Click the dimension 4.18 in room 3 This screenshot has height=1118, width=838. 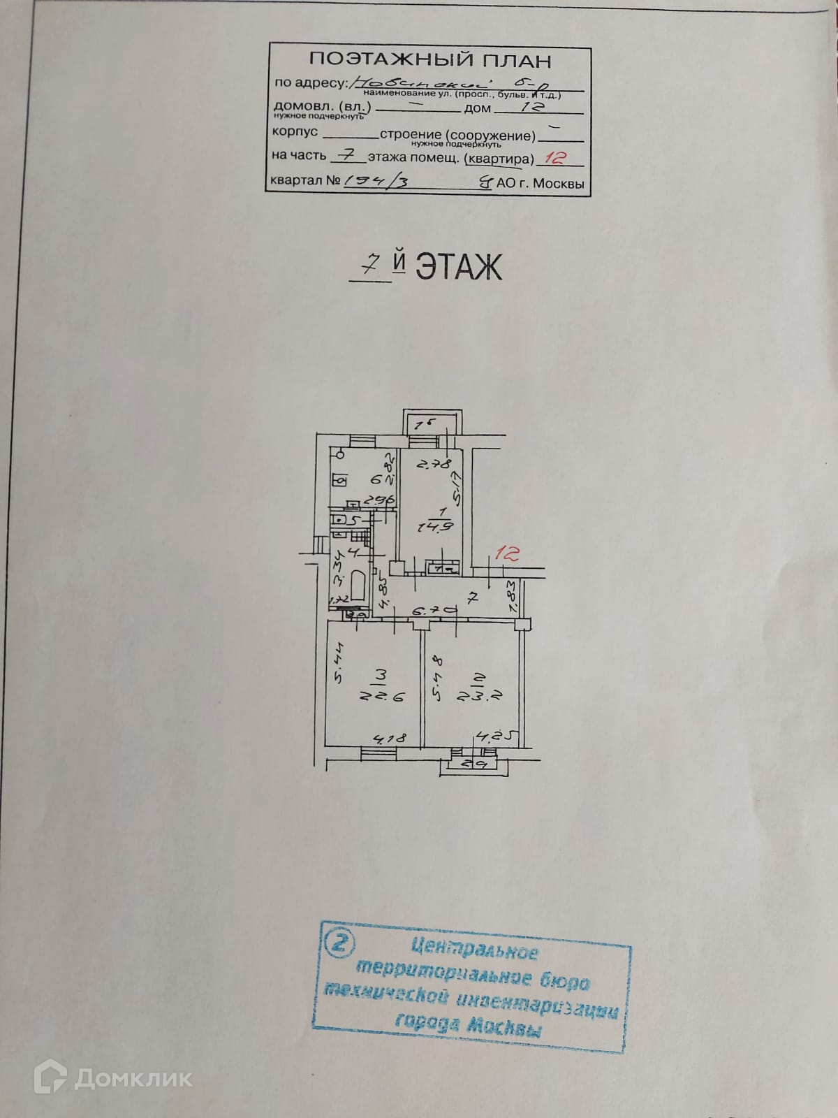[390, 738]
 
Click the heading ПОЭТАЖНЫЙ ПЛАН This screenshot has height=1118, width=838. [430, 60]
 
